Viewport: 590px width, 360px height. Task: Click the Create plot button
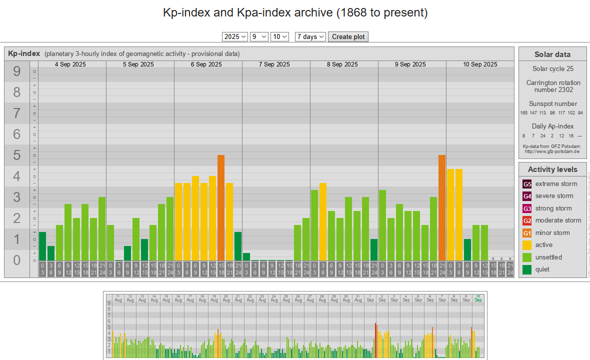tap(348, 36)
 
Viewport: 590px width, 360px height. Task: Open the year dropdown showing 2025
tap(235, 36)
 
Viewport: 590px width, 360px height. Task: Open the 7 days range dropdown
tap(310, 36)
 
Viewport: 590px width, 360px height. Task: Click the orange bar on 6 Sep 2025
tap(221, 207)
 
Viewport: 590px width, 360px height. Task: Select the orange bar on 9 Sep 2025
tap(442, 207)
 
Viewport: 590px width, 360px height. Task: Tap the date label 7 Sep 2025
tap(274, 64)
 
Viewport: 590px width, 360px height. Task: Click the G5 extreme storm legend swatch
tap(527, 184)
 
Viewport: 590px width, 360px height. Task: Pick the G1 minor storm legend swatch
tap(527, 233)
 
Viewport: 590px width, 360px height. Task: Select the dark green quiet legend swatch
tap(527, 269)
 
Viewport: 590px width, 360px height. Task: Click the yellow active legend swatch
tap(527, 245)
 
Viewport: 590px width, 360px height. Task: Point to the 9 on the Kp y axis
tap(17, 71)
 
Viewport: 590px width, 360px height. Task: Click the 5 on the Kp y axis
tap(17, 155)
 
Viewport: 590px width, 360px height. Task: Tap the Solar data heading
tap(552, 54)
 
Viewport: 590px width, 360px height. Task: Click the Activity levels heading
tap(552, 169)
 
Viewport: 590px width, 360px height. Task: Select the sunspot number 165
tap(524, 113)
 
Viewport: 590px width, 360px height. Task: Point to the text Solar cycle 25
tap(552, 68)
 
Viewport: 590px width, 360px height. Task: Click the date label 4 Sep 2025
tap(70, 64)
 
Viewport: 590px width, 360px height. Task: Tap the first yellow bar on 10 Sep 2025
tap(450, 214)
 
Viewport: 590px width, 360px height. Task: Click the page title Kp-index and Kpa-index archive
tap(295, 12)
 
